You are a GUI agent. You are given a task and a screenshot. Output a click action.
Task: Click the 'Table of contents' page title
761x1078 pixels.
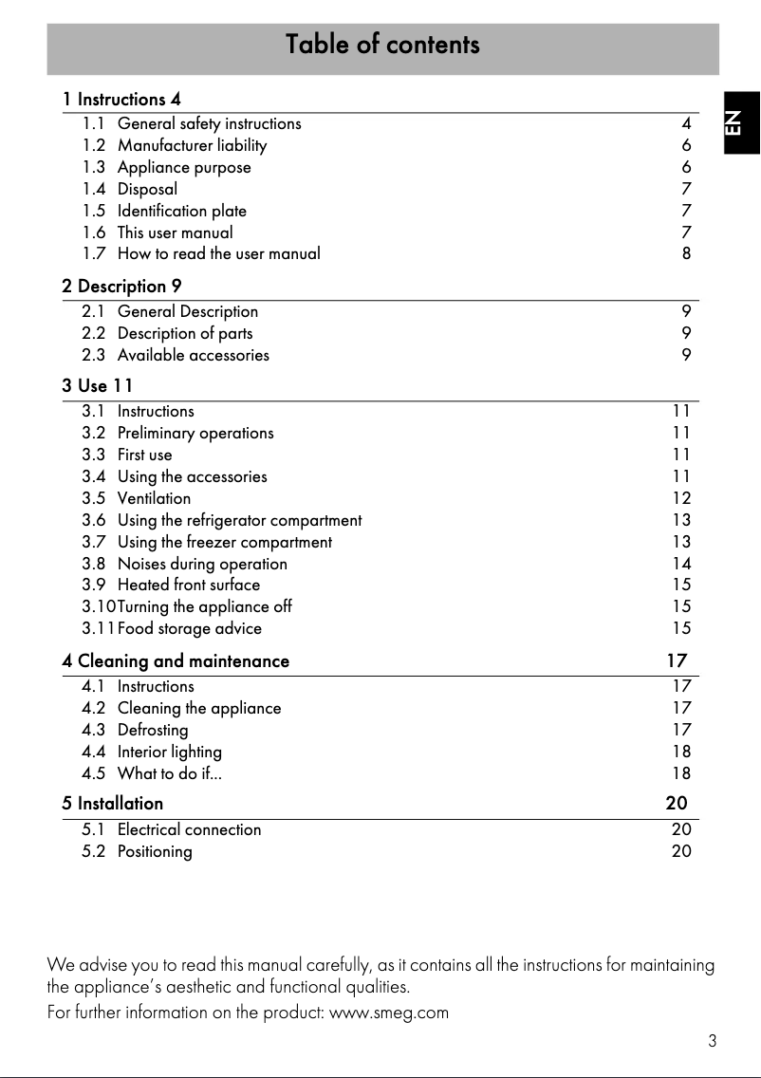382,45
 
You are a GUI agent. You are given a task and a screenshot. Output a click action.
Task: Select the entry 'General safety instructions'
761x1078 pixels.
209,123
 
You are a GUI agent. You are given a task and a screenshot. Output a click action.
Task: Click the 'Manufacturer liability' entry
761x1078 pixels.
192,145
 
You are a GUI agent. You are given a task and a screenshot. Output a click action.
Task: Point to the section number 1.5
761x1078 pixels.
94,211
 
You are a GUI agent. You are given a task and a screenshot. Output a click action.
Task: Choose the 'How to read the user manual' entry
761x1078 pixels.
218,253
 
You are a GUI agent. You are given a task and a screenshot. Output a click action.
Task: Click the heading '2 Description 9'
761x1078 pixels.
121,286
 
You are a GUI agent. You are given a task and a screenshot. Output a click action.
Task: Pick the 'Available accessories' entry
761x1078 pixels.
193,355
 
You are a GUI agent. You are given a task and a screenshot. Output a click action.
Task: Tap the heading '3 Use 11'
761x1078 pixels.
98,385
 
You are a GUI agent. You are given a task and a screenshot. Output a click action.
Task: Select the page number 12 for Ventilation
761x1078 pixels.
681,498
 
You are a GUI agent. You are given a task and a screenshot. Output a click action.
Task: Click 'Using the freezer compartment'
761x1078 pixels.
224,542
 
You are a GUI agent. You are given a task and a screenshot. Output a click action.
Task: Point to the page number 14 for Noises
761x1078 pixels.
681,564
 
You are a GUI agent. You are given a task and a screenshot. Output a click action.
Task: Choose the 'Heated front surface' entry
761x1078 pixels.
188,585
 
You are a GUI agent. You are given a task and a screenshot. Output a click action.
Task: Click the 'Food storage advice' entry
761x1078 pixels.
189,628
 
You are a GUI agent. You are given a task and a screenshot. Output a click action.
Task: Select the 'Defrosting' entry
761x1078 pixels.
153,730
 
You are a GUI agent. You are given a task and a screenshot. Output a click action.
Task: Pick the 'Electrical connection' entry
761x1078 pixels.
189,829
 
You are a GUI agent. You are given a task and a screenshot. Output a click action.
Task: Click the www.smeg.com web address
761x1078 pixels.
387,1013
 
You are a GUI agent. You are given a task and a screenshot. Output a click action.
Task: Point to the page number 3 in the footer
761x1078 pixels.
712,1041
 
